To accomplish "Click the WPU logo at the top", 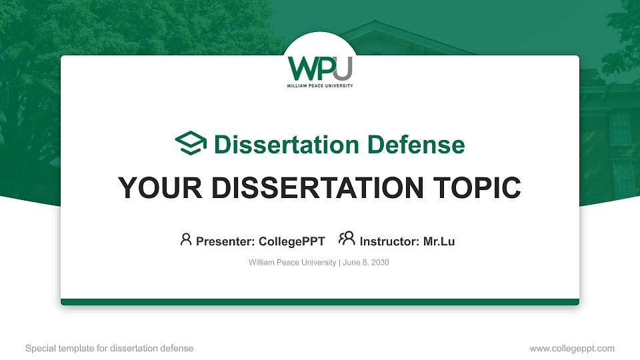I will (319, 70).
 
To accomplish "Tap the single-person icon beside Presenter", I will (186, 239).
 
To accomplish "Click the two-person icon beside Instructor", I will (347, 239).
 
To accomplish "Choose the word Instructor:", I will (389, 241).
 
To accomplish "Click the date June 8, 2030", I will (366, 263).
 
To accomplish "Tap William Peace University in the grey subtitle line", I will (292, 263).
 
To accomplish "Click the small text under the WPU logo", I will (319, 86).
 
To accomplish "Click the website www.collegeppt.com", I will (571, 348).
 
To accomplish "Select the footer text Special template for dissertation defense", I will (109, 348).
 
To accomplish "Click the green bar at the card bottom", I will (320, 302).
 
